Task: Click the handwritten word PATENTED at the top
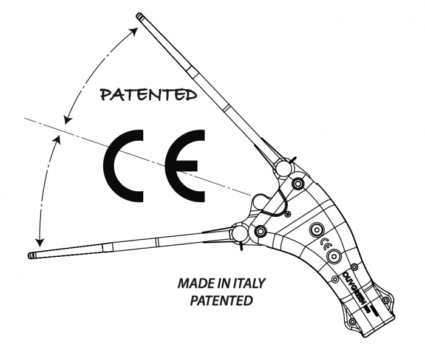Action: coord(148,95)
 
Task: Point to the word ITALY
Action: coord(247,284)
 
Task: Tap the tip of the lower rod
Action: coord(32,255)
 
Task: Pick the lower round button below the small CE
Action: coord(332,258)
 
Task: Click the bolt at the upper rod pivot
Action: coord(298,183)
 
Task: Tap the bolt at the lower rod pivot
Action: coord(261,231)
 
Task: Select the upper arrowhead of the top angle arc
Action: coord(132,30)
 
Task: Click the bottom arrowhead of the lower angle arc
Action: coord(40,241)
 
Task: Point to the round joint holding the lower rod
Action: coord(238,233)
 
